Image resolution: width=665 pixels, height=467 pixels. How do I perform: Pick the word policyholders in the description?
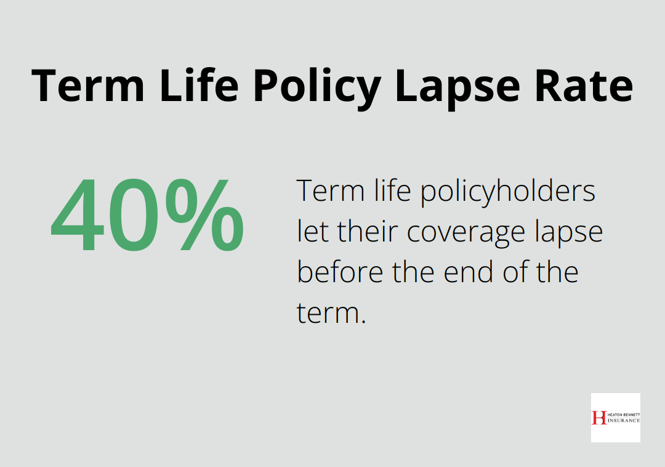point(508,192)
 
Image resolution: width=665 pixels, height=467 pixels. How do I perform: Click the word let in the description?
point(312,232)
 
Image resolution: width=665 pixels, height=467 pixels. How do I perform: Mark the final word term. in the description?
point(331,313)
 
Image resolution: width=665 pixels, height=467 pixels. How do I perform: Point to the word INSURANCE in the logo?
point(623,421)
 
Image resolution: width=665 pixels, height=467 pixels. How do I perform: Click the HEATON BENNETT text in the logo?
point(623,414)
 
